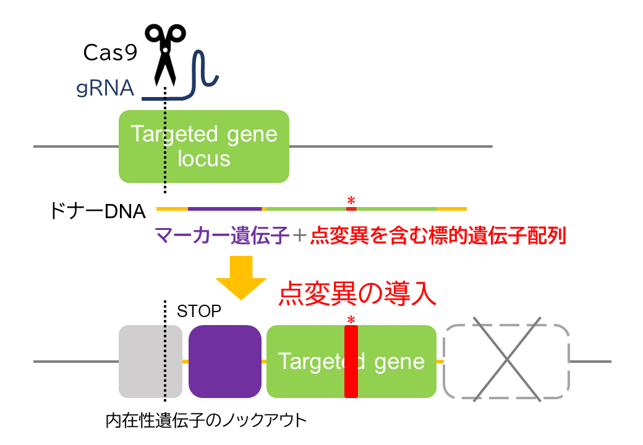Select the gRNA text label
105,88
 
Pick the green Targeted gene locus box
204,146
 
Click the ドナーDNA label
97,211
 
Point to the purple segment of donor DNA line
224,209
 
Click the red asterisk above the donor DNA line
351,200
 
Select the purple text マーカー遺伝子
223,235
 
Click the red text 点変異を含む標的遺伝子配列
438,235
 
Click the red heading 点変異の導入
358,294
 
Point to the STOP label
198,311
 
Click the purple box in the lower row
225,361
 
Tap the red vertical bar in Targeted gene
351,361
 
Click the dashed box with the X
506,361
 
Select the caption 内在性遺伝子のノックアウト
206,421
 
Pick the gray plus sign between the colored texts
299,235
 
